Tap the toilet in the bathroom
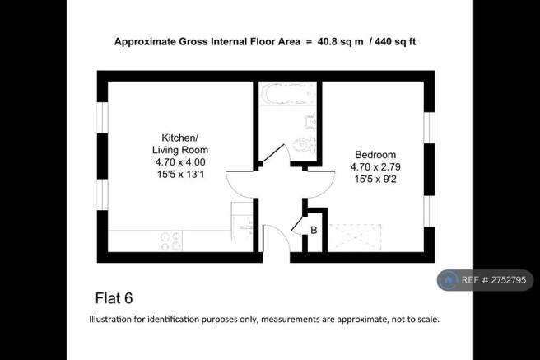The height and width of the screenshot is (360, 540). click(302, 147)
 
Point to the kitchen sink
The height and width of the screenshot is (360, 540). click(241, 219)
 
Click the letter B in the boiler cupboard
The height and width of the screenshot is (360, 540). click(313, 230)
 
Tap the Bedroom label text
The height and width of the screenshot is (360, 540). click(376, 155)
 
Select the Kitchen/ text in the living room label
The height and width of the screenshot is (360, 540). click(180, 138)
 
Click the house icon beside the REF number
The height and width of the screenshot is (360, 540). click(449, 281)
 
